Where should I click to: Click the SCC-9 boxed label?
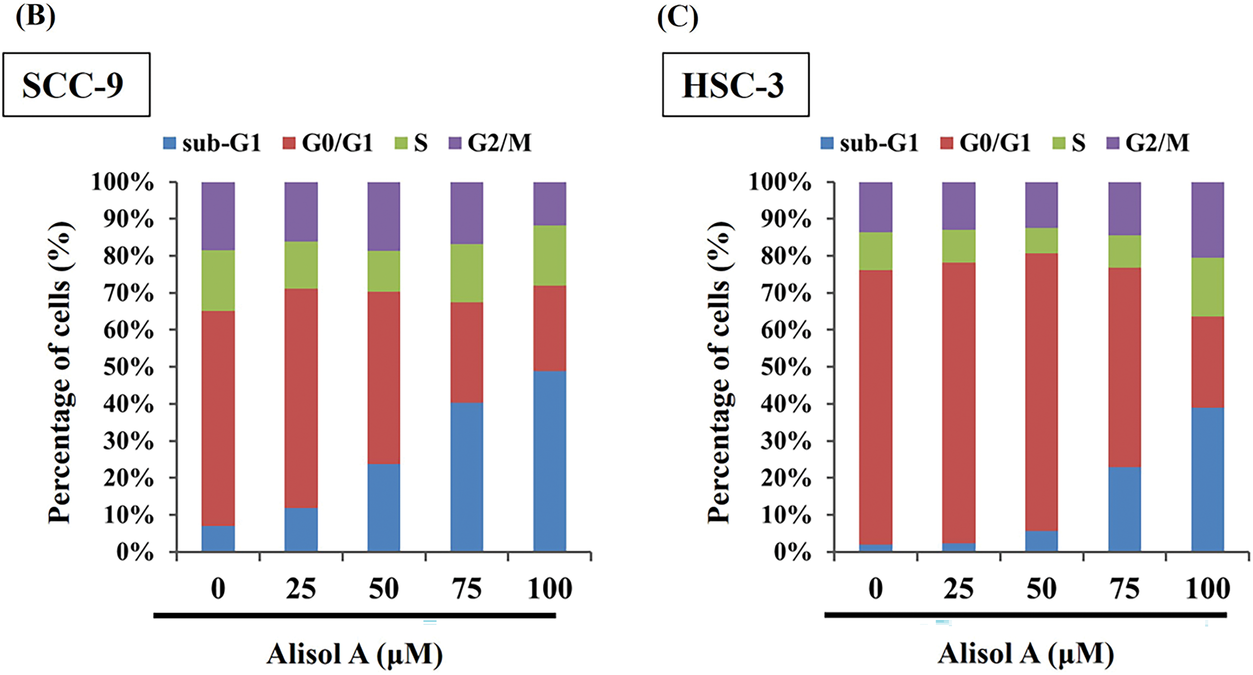click(76, 85)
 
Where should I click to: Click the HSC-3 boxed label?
click(735, 85)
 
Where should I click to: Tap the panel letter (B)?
click(35, 18)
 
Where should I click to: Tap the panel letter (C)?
click(678, 19)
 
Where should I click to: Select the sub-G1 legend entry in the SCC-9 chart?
click(212, 143)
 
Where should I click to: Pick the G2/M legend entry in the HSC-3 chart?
click(1148, 143)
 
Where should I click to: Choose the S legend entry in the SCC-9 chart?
click(412, 143)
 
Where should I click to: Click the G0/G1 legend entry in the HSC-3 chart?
click(985, 143)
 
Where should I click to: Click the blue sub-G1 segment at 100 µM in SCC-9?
click(550, 461)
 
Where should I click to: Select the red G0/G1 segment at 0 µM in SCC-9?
click(218, 418)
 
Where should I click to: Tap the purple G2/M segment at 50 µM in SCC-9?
click(384, 216)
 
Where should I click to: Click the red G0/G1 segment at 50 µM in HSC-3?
click(1041, 392)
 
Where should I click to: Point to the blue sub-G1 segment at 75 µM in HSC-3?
click(1125, 508)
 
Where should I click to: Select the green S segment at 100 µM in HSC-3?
click(1207, 287)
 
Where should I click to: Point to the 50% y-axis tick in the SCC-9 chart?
click(128, 368)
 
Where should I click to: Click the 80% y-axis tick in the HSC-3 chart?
click(786, 256)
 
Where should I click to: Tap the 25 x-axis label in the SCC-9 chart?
click(301, 589)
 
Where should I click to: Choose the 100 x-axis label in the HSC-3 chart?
click(1207, 589)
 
